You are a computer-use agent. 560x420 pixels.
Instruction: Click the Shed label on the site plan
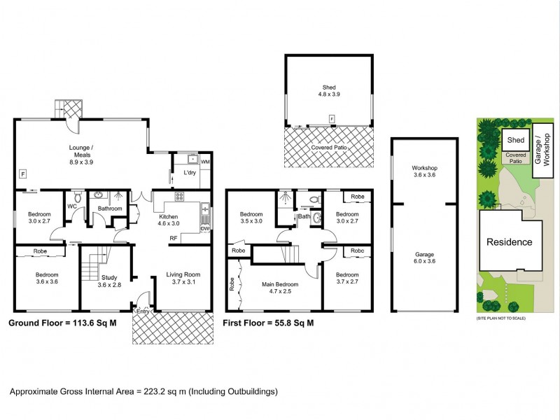[x=516, y=140]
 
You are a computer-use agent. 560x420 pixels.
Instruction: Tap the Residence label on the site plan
[x=510, y=242]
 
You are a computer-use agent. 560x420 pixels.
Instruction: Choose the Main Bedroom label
[x=280, y=288]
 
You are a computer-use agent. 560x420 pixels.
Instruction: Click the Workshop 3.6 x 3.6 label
[x=424, y=172]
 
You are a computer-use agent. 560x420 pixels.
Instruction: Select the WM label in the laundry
[x=205, y=162]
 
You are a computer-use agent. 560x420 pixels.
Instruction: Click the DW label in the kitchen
[x=205, y=228]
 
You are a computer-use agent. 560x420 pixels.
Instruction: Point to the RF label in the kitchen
[x=172, y=238]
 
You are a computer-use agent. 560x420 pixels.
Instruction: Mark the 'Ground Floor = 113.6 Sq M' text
[x=62, y=323]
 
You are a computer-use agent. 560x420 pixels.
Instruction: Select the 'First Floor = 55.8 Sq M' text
[x=268, y=323]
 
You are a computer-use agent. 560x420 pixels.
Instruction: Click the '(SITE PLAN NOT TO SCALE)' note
[x=500, y=318]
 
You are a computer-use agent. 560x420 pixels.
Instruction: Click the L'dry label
[x=189, y=172]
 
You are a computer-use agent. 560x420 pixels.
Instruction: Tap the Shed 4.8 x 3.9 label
[x=326, y=90]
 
